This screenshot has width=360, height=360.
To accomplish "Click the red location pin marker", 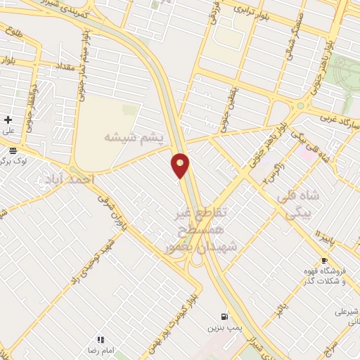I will pos(181,165).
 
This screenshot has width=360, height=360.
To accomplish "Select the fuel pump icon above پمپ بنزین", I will pos(224,316).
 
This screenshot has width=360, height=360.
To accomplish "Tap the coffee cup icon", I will pos(323,261).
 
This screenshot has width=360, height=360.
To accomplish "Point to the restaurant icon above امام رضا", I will pos(101,340).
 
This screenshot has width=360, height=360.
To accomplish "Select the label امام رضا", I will pos(100,350).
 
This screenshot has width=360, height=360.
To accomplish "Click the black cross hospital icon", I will pos(8,120).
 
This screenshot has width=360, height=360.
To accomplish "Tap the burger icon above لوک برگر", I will pos(13,150).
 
